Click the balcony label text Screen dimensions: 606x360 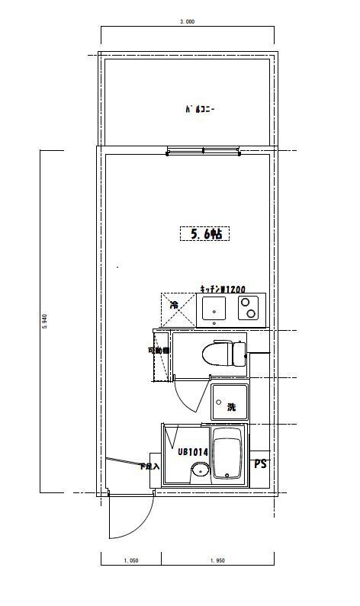201,110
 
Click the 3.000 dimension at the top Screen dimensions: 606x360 187,22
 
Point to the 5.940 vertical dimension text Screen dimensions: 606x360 45,322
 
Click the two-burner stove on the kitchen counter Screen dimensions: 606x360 248,309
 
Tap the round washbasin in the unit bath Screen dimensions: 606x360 200,470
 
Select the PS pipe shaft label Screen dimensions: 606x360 260,463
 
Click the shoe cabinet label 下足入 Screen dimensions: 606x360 149,466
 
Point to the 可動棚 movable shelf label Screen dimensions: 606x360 158,351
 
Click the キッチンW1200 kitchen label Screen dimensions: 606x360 223,290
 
